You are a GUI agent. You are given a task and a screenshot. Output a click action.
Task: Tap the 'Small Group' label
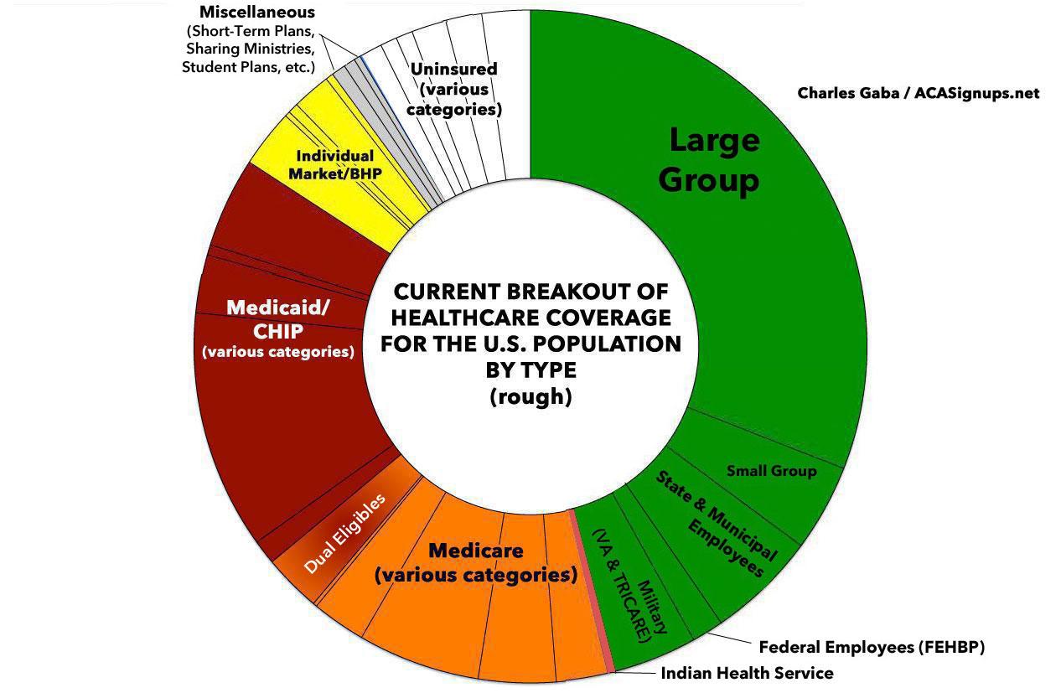(x=771, y=471)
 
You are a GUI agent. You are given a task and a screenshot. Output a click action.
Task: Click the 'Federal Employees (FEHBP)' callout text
(x=871, y=647)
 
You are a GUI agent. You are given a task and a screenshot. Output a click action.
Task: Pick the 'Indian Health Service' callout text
(x=747, y=673)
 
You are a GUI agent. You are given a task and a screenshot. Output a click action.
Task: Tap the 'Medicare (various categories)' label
(x=475, y=563)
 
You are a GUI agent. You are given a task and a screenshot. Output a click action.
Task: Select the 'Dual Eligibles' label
(x=344, y=533)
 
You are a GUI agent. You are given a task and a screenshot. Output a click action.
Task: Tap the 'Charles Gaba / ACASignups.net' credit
(x=918, y=92)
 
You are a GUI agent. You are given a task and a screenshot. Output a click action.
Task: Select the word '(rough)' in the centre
(x=530, y=396)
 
